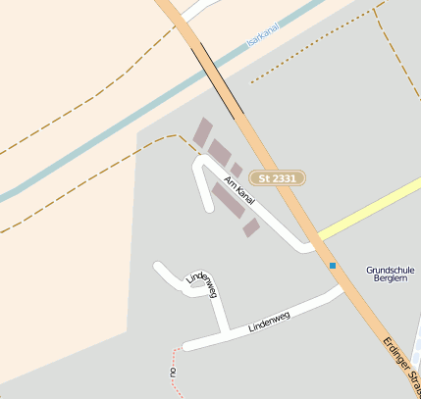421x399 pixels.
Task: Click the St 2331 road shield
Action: [x=278, y=177]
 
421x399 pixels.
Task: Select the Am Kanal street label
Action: [x=239, y=190]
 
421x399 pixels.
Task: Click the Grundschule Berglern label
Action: [x=392, y=274]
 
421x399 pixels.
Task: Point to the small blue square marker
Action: [x=333, y=266]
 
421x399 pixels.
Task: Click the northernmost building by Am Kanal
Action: [x=202, y=131]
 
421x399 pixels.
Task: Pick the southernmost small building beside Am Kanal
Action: [x=251, y=227]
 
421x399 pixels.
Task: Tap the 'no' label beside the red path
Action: [x=172, y=374]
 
